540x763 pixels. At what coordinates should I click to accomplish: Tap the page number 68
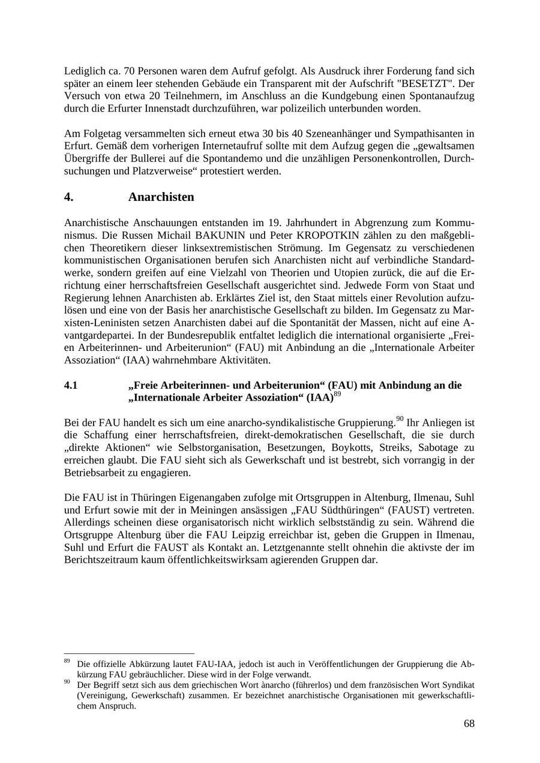click(469, 723)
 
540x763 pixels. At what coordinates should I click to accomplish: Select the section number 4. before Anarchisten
click(69, 197)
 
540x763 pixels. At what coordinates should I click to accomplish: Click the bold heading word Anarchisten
click(161, 197)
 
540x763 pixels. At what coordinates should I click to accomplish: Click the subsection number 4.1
click(71, 385)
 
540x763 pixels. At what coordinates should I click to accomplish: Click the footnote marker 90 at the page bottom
click(67, 682)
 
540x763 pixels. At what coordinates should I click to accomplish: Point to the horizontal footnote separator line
click(129, 653)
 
